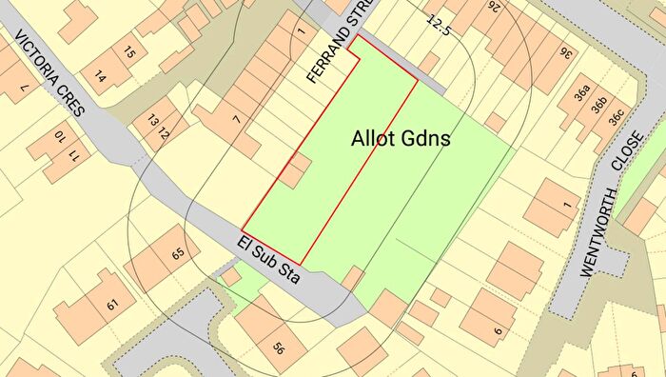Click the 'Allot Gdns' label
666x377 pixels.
click(401, 139)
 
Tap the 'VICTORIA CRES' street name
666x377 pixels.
click(49, 71)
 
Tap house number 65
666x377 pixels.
click(177, 254)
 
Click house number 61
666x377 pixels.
click(113, 305)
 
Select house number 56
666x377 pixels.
click(279, 347)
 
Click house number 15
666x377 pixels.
click(130, 52)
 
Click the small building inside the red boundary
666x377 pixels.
click(295, 171)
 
